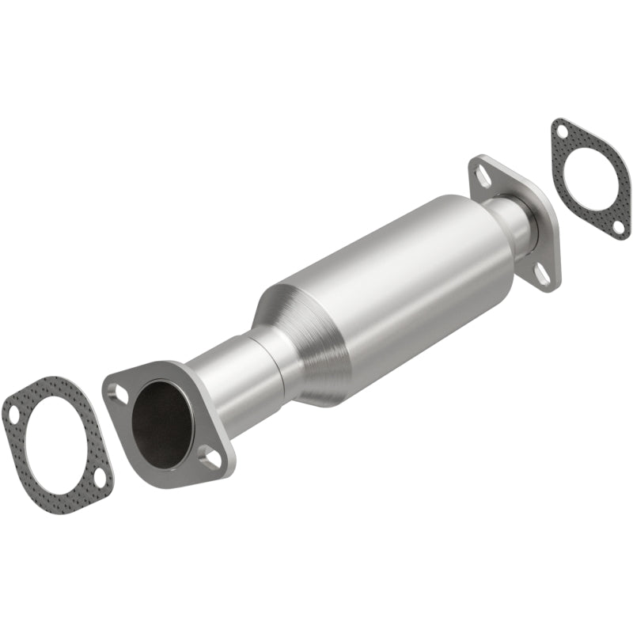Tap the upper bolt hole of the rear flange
tap(483, 175)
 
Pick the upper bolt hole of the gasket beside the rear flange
tap(560, 131)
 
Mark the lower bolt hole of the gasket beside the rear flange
tap(619, 227)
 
